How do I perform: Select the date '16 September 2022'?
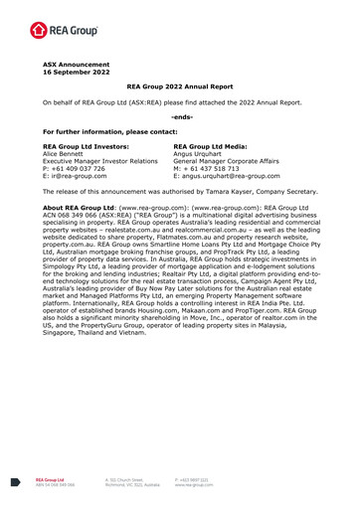pos(67,75)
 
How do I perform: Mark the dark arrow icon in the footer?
pos(14,479)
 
